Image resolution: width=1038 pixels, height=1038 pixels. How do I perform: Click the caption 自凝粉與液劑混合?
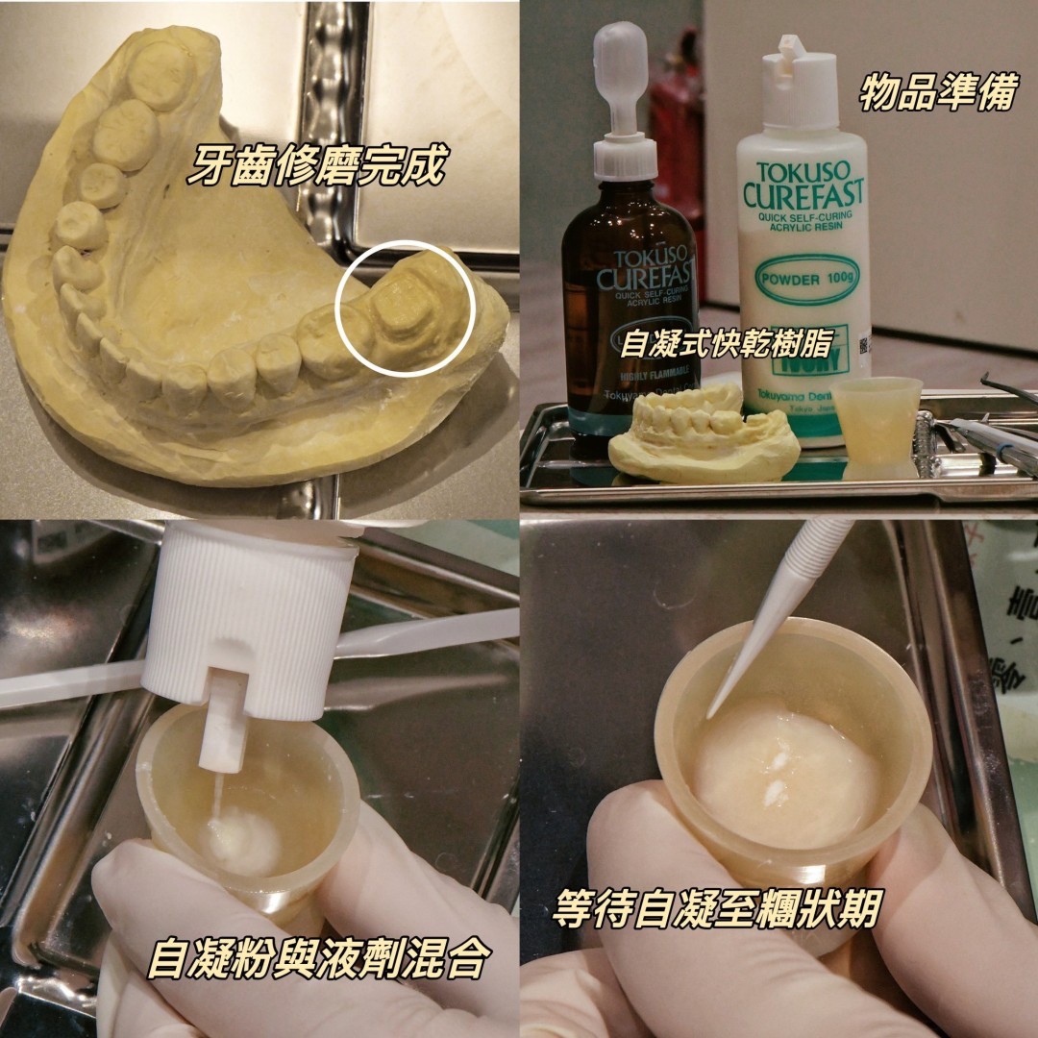point(320,958)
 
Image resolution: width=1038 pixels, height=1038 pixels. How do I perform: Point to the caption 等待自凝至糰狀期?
point(716,908)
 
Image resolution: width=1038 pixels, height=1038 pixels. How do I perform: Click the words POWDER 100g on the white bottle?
point(801,280)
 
